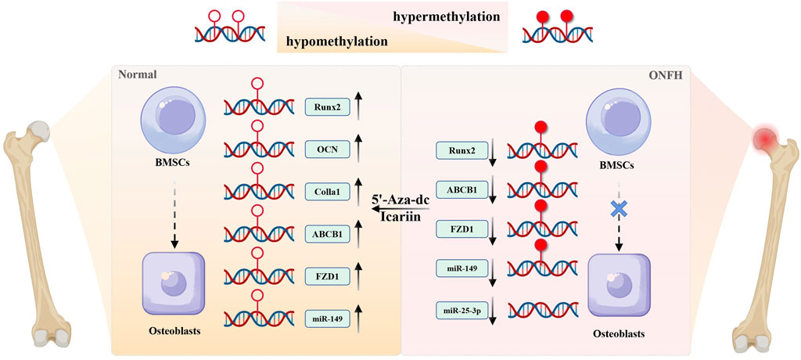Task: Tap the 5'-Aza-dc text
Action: click(x=400, y=200)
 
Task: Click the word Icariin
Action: click(x=400, y=220)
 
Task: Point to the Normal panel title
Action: click(x=137, y=75)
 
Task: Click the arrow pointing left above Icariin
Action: click(x=400, y=210)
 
